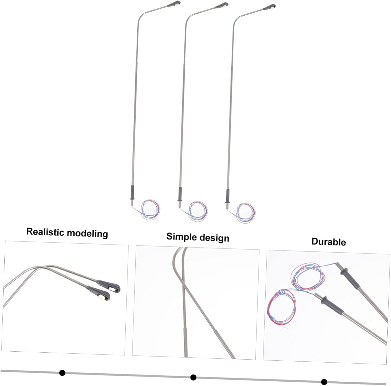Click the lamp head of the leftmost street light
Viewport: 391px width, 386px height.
176,4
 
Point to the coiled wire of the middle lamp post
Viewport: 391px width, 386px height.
198,211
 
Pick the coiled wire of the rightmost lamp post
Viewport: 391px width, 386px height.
246,212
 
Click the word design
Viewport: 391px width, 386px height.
213,238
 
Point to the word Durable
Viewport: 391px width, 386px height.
328,242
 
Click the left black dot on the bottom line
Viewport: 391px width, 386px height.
62,373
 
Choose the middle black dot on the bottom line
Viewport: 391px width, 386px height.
193,377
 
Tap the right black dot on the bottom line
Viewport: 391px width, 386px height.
324,382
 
